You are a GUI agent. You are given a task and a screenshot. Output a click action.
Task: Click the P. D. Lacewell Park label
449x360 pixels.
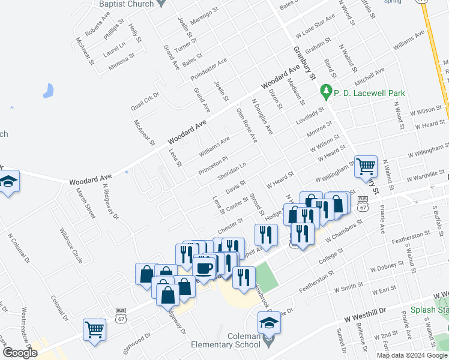pyautogui.click(x=369, y=93)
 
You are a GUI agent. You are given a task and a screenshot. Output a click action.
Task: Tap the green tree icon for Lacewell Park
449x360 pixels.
pyautogui.click(x=327, y=92)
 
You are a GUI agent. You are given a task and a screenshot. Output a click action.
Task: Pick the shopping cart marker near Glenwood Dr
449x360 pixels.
pyautogui.click(x=95, y=329)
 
